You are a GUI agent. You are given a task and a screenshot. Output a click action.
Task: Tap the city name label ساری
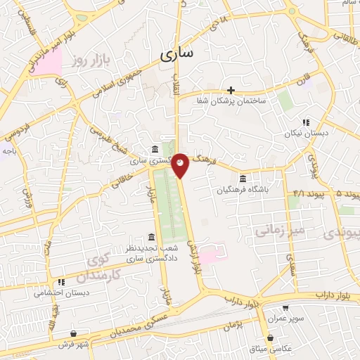pos(180,54)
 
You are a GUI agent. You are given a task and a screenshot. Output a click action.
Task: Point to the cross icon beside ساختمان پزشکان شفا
pos(231,90)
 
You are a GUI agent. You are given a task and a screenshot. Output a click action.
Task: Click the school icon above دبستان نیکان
pos(306,122)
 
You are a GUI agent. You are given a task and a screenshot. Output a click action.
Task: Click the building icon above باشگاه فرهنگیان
pos(243,178)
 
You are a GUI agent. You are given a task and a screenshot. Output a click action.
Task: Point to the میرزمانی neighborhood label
pos(278,230)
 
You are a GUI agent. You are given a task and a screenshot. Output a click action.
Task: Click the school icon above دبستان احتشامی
pos(61,282)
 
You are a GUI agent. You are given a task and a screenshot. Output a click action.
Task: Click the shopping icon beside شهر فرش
pos(74,334)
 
